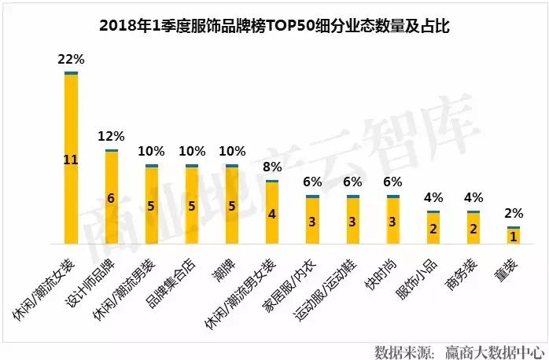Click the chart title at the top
(274, 27)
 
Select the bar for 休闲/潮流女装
(72, 157)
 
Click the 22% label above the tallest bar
(71, 60)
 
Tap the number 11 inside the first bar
(71, 160)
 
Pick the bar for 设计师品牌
(112, 197)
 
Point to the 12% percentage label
(111, 137)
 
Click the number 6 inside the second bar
(112, 198)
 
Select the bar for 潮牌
(232, 204)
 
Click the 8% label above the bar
(272, 167)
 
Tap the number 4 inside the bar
(272, 214)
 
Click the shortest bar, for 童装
(514, 236)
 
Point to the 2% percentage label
(514, 213)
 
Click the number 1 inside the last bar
(514, 237)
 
